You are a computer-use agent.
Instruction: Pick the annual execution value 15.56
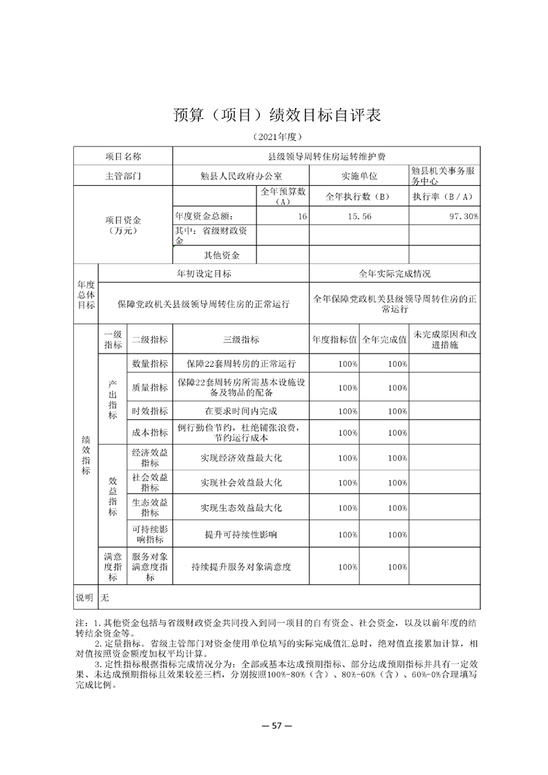[x=359, y=216]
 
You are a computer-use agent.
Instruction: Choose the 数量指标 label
[x=150, y=363]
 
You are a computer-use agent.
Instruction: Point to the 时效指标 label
[x=150, y=411]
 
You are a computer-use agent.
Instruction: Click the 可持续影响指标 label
[x=150, y=534]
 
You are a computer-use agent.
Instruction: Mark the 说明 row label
[x=84, y=595]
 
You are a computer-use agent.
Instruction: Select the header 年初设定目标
[x=204, y=274]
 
